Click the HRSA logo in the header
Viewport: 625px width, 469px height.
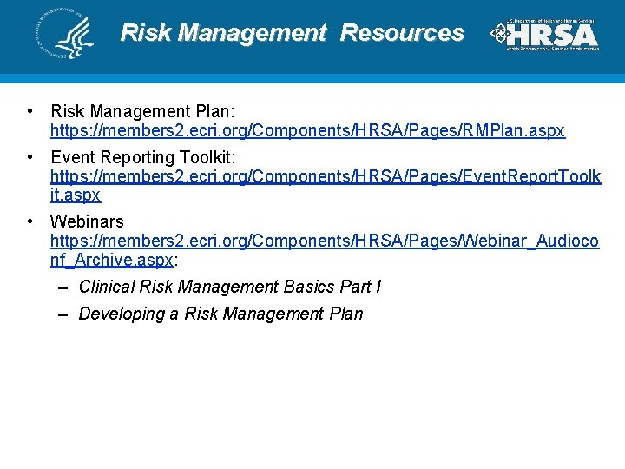click(x=545, y=35)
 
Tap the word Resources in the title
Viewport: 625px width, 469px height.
click(x=402, y=33)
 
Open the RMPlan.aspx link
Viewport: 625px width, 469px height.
click(x=307, y=131)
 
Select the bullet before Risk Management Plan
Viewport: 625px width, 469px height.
click(x=30, y=111)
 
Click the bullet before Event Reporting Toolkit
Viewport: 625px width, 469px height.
click(x=30, y=157)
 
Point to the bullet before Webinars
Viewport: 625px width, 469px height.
click(x=30, y=221)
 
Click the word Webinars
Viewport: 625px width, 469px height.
click(x=87, y=221)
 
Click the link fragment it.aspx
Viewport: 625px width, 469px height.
click(x=76, y=195)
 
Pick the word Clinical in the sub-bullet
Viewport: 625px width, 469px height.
click(x=107, y=287)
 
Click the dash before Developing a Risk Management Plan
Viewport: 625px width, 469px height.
click(x=63, y=314)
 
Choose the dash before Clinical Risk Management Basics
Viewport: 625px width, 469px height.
click(x=63, y=287)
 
